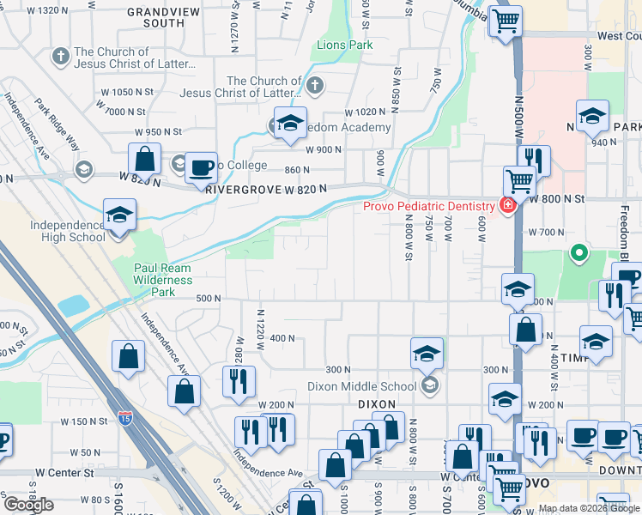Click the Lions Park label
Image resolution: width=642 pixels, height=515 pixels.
pyautogui.click(x=345, y=44)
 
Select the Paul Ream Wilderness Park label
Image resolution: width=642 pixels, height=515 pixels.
pyautogui.click(x=163, y=280)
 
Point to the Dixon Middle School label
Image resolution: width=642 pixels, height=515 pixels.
pyautogui.click(x=360, y=386)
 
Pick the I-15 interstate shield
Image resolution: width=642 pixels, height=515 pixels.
pyautogui.click(x=126, y=419)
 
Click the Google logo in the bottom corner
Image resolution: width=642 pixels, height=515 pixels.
pyautogui.click(x=28, y=505)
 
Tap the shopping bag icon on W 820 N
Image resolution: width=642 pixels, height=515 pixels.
pyautogui.click(x=145, y=160)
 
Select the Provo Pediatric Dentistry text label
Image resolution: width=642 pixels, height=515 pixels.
pyautogui.click(x=428, y=206)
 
